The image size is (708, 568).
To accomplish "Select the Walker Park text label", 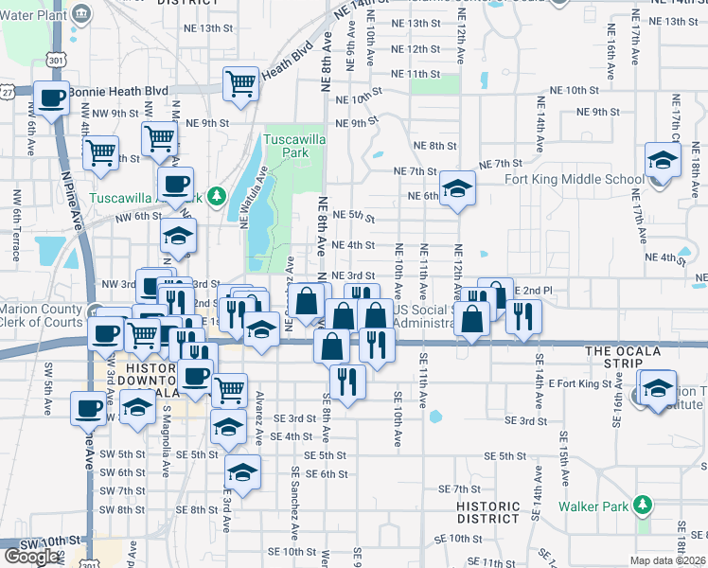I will [593, 506].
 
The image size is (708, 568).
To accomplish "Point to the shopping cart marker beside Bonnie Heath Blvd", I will [241, 83].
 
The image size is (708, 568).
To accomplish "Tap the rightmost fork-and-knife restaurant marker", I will [522, 317].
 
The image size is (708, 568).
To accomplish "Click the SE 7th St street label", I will [460, 488].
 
